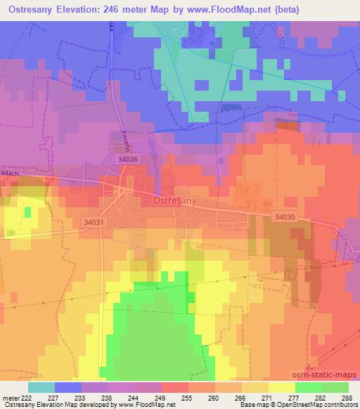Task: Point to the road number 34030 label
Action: [285, 217]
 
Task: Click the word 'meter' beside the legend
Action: [10, 397]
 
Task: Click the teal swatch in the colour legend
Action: [41, 387]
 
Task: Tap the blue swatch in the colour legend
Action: [68, 387]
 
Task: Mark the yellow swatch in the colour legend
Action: [282, 387]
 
